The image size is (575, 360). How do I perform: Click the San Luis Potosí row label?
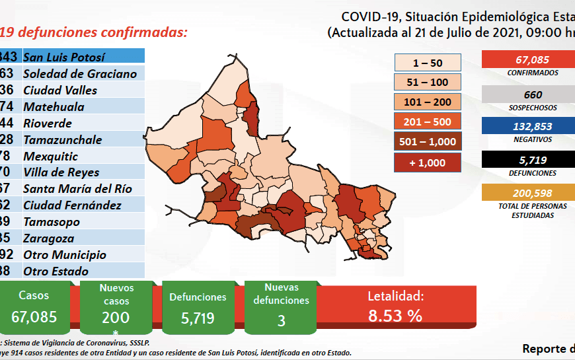click(x=64, y=57)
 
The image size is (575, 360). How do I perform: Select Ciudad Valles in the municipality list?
click(x=60, y=90)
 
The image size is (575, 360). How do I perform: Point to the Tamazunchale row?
click(x=62, y=139)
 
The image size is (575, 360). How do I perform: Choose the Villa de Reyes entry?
click(x=61, y=172)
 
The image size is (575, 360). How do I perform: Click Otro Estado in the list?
click(x=56, y=271)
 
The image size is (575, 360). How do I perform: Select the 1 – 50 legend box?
click(x=428, y=62)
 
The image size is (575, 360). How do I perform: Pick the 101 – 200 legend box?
click(x=428, y=102)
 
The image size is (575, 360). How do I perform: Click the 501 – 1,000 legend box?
click(x=428, y=141)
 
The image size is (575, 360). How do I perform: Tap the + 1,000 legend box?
click(x=428, y=162)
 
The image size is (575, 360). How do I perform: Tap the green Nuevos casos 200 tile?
click(x=116, y=307)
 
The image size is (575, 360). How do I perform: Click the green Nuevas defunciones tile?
click(x=282, y=307)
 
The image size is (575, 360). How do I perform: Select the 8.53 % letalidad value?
click(x=395, y=316)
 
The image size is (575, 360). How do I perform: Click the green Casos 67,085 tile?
click(x=34, y=307)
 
